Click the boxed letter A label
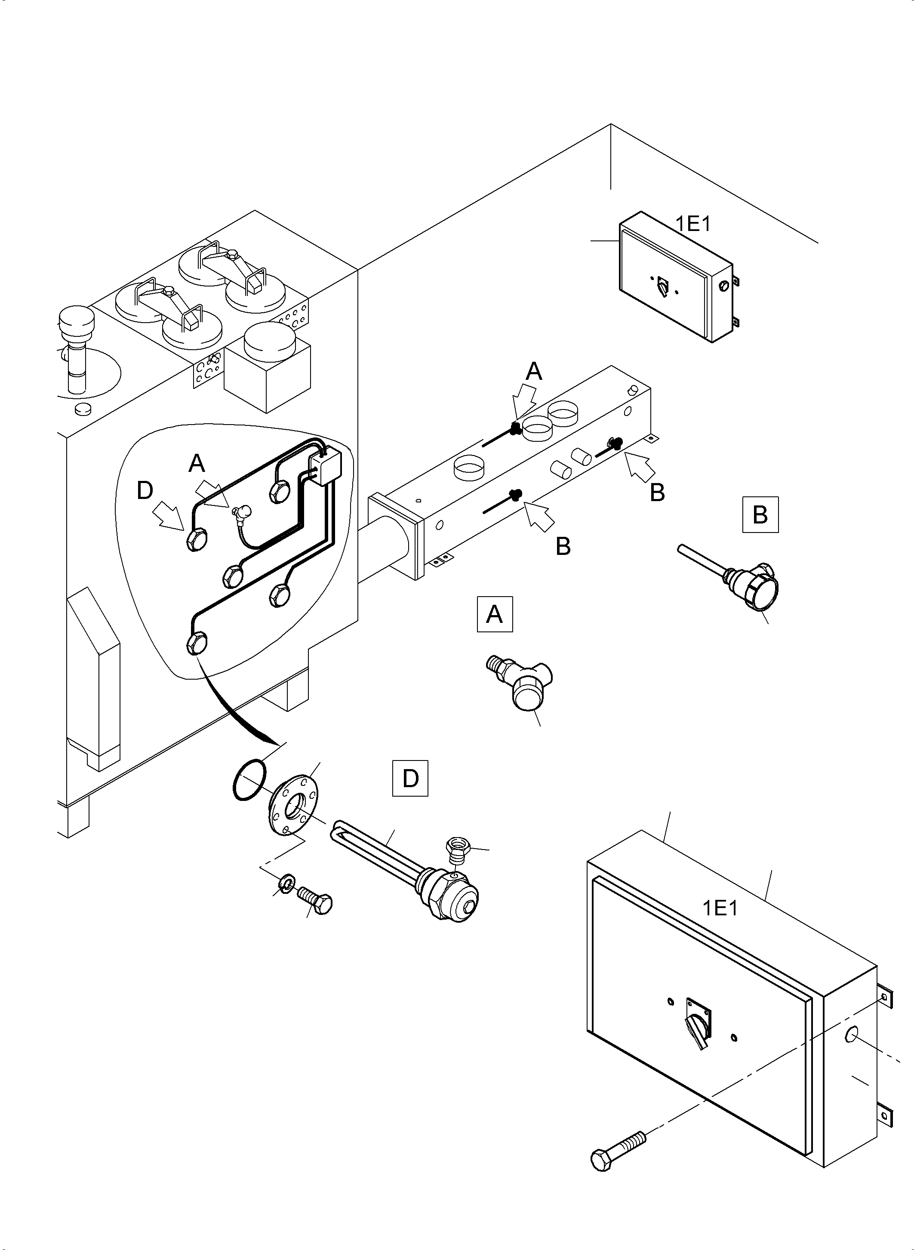click(495, 614)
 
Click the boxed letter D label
click(410, 779)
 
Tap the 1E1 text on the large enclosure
click(720, 908)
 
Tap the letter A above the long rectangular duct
click(534, 372)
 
